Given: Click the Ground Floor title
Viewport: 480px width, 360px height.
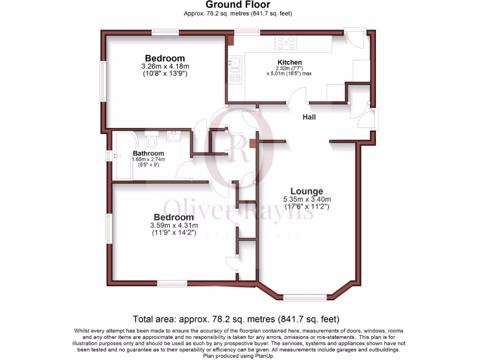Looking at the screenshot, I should click(238, 5).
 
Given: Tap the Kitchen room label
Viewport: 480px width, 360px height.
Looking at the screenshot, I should click(290, 62).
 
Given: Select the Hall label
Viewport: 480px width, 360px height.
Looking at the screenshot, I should click(309, 117).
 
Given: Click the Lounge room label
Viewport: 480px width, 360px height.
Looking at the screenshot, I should click(307, 191).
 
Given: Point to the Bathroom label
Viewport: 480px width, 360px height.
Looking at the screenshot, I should click(148, 153).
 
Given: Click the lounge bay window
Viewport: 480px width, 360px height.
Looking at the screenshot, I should click(305, 297).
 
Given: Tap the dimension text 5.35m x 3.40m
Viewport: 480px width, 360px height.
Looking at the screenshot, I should click(307, 199).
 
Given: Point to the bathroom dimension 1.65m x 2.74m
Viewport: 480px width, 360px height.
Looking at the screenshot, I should click(148, 160).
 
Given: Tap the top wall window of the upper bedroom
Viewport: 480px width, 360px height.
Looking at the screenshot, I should click(165, 32).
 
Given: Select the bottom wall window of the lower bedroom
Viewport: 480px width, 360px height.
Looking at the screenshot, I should click(172, 283).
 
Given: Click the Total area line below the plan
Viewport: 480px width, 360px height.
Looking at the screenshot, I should click(236, 320).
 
